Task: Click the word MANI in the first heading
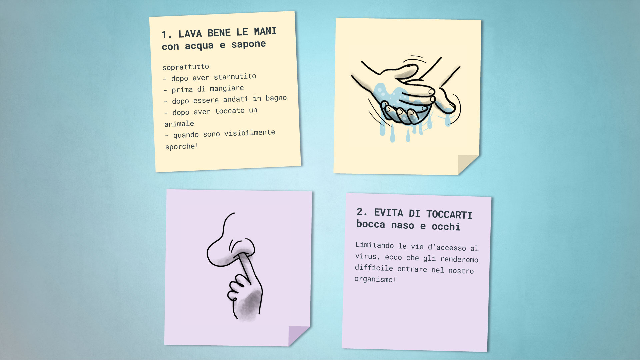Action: point(265,31)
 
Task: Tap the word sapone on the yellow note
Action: point(249,44)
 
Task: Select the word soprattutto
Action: point(186,67)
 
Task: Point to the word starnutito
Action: point(235,77)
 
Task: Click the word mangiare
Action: point(227,88)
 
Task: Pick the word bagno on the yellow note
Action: point(276,98)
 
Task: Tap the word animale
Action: point(179,124)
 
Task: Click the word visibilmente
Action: point(250,133)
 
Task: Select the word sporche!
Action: point(182,146)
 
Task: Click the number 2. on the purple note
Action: point(362,212)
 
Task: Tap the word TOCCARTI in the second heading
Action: point(449,214)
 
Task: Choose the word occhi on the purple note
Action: point(446,227)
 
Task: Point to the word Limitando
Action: point(375,245)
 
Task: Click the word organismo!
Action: point(375,279)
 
